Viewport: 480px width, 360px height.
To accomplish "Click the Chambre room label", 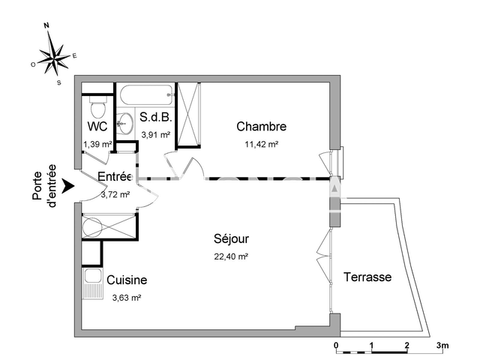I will pos(261,126).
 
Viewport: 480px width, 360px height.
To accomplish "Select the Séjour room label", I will pos(230,239).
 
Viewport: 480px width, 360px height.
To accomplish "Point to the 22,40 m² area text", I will pos(231,256).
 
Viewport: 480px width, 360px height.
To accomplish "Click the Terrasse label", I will pos(367,277).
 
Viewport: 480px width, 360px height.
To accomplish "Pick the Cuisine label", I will pos(127,280).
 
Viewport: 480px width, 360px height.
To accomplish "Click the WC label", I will pos(97,126).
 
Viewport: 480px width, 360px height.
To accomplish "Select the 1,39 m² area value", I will pos(97,143).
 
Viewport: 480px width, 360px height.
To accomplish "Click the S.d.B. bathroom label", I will pos(156,118).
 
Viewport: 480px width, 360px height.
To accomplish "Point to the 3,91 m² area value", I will pos(156,135).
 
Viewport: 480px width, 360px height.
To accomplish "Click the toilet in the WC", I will pos(96,100).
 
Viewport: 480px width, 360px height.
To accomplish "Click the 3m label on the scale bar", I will pos(442,346).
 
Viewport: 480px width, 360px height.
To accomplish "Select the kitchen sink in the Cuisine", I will pos(92,283).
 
